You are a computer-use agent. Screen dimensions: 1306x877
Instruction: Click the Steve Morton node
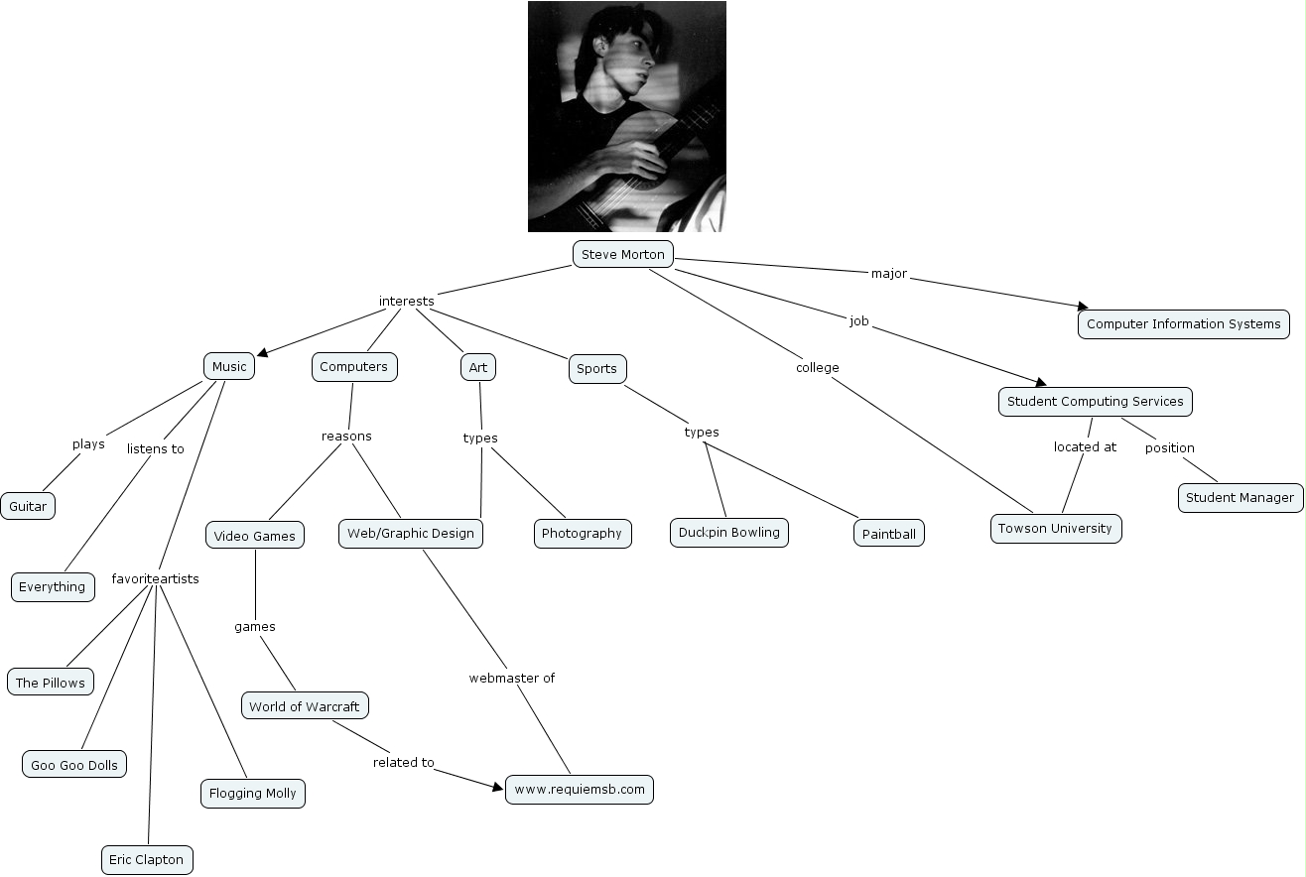coord(622,254)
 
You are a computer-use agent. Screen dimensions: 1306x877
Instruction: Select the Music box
coord(228,366)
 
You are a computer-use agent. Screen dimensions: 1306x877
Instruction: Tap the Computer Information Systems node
coord(1183,323)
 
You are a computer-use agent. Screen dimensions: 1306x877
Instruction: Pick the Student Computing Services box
coord(1095,401)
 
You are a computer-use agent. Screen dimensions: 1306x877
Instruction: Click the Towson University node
coord(1055,528)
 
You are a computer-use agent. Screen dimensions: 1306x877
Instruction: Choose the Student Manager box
coord(1240,497)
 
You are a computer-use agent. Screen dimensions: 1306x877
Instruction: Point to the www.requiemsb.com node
coord(580,790)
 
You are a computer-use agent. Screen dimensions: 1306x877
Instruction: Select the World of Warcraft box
coord(304,706)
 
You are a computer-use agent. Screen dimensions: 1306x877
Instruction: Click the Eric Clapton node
coord(146,859)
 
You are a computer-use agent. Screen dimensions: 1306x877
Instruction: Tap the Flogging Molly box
coord(252,793)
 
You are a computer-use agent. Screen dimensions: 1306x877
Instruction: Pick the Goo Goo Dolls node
coord(74,764)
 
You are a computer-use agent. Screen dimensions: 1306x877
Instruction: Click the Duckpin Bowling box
coord(728,532)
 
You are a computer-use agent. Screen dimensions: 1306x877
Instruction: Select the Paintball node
coord(888,534)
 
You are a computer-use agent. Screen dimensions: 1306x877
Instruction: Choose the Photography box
coord(582,533)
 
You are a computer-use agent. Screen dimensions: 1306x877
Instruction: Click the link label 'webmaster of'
coord(511,678)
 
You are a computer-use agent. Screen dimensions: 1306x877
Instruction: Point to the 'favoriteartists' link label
coord(155,578)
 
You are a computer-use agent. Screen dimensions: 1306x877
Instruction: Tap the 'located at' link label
coord(1085,446)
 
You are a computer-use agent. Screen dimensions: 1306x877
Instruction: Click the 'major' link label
coord(888,273)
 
